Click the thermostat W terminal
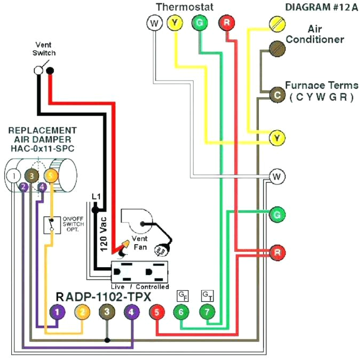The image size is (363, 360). coord(154,23)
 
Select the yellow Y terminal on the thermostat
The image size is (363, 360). coord(175,23)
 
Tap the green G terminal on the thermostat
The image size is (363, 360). coord(199,23)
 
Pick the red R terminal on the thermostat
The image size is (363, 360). coord(226,23)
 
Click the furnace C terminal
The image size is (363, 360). coord(277,95)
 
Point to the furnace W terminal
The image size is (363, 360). coord(277,176)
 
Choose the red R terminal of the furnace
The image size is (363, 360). coord(277,252)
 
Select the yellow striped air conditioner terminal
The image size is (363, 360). coord(277,23)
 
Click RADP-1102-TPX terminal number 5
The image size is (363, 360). coord(156,312)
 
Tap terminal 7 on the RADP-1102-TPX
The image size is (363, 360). coord(206,312)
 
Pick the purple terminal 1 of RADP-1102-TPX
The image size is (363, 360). coord(56,312)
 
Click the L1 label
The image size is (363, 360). coord(96,197)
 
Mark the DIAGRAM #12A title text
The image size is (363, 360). coord(314,7)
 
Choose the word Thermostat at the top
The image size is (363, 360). coord(185,7)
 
